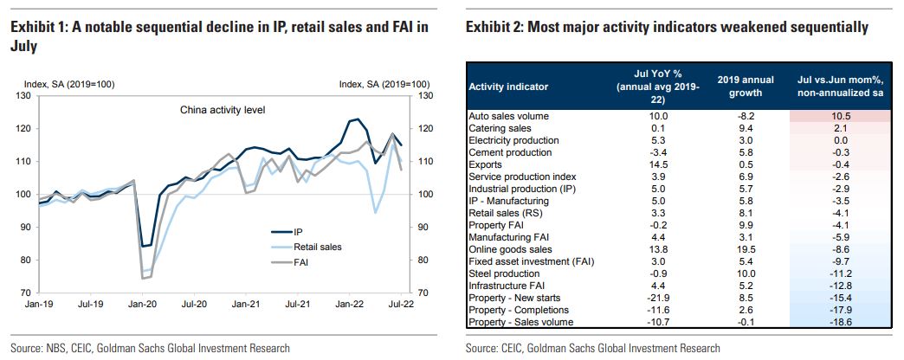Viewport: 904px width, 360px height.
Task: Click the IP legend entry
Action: pyautogui.click(x=298, y=232)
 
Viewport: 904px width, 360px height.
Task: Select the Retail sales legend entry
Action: pyautogui.click(x=317, y=247)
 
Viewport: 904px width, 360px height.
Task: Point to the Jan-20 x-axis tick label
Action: pyautogui.click(x=140, y=305)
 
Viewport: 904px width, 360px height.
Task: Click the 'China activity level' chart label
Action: pyautogui.click(x=222, y=110)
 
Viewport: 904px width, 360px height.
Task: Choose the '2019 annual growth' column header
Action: pyautogui.click(x=739, y=86)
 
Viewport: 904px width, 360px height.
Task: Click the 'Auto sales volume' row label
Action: pyautogui.click(x=508, y=115)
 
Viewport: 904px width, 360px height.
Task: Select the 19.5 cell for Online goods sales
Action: pyautogui.click(x=739, y=248)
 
